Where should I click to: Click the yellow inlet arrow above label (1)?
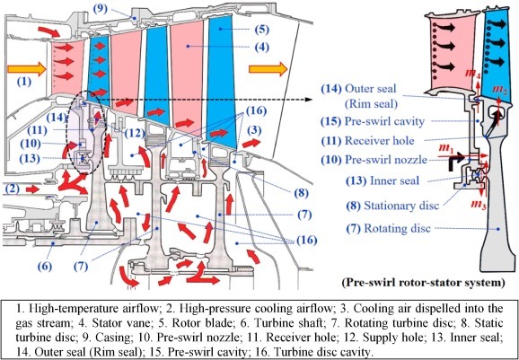[x=26, y=68]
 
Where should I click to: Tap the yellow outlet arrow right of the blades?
[x=268, y=69]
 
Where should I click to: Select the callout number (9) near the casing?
[x=100, y=9]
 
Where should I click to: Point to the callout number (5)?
[x=262, y=30]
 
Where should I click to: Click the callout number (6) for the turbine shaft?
[x=46, y=266]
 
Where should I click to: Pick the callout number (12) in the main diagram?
[x=135, y=133]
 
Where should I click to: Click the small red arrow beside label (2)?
[x=32, y=189]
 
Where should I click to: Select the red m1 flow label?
[x=447, y=151]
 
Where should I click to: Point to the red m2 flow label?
[x=499, y=90]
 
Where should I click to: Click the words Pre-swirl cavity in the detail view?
[x=384, y=121]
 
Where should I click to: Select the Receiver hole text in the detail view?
[x=379, y=141]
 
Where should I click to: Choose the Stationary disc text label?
[x=401, y=206]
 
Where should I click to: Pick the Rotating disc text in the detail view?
[x=397, y=228]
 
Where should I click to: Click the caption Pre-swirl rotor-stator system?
[x=425, y=283]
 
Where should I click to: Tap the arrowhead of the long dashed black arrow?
[x=309, y=99]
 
